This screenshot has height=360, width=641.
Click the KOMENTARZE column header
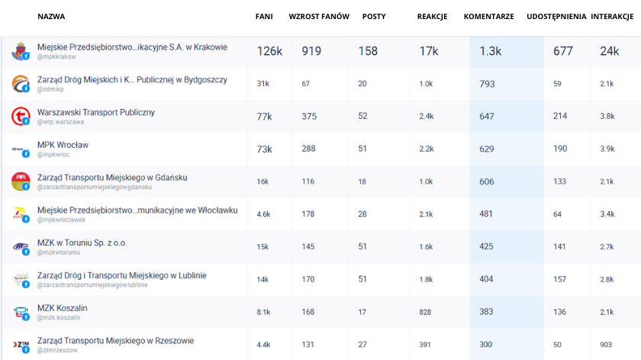pos(488,16)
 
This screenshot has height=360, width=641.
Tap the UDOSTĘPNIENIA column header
pos(556,16)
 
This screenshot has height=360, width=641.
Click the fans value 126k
pos(269,51)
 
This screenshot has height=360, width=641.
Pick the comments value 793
pos(487,84)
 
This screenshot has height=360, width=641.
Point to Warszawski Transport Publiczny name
pos(95,112)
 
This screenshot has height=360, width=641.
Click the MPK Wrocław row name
pos(63,144)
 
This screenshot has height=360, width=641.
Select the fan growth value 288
pos(309,149)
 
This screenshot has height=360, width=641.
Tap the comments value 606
pos(487,182)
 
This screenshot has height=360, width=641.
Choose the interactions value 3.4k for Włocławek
pos(607,214)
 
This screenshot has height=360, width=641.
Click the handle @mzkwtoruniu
pos(58,252)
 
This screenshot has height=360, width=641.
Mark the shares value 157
pos(559,279)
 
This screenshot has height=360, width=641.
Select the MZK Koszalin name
pos(62,307)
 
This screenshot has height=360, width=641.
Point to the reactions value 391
pos(425,345)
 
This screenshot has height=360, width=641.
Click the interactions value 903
pos(607,345)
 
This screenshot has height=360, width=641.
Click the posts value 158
pos(368,51)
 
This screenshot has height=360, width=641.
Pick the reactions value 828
pos(426,312)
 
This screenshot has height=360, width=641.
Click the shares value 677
pos(563,51)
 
